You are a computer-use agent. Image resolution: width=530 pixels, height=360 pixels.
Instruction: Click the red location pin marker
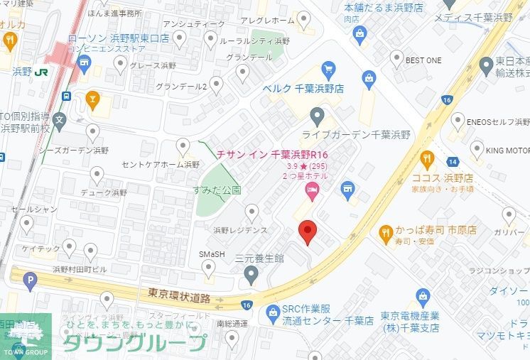point(306,231)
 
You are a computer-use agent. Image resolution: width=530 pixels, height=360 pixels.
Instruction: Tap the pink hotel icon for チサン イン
point(311,190)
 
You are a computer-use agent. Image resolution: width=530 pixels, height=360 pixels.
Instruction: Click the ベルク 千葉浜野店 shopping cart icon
point(328,70)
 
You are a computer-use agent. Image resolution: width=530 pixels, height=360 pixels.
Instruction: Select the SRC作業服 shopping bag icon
point(272,311)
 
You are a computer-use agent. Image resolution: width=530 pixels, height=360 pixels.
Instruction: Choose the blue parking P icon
point(29,282)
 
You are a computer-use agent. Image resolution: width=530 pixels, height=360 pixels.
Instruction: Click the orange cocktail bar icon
point(91,99)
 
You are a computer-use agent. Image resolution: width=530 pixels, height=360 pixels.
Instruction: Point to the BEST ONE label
point(423,60)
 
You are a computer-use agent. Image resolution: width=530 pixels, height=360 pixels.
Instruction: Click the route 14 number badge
point(453,162)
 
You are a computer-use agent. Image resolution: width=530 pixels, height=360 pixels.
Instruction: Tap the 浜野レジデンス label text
point(240,230)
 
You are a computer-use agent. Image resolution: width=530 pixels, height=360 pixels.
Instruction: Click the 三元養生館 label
point(259,258)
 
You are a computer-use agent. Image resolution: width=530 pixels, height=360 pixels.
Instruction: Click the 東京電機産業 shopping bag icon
point(423,296)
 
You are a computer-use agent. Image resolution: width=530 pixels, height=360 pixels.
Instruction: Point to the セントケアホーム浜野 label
point(161,165)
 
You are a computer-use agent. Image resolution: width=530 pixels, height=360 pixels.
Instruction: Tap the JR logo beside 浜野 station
point(42,71)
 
